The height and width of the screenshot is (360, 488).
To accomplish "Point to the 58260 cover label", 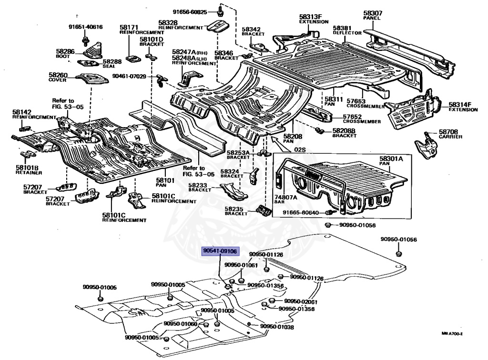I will (58, 78).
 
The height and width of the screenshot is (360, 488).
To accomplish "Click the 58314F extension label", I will (462, 107).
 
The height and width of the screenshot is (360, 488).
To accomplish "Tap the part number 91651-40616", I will (85, 27).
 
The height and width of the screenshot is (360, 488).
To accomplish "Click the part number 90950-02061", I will (301, 301).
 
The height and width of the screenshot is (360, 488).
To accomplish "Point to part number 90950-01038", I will (277, 327).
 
